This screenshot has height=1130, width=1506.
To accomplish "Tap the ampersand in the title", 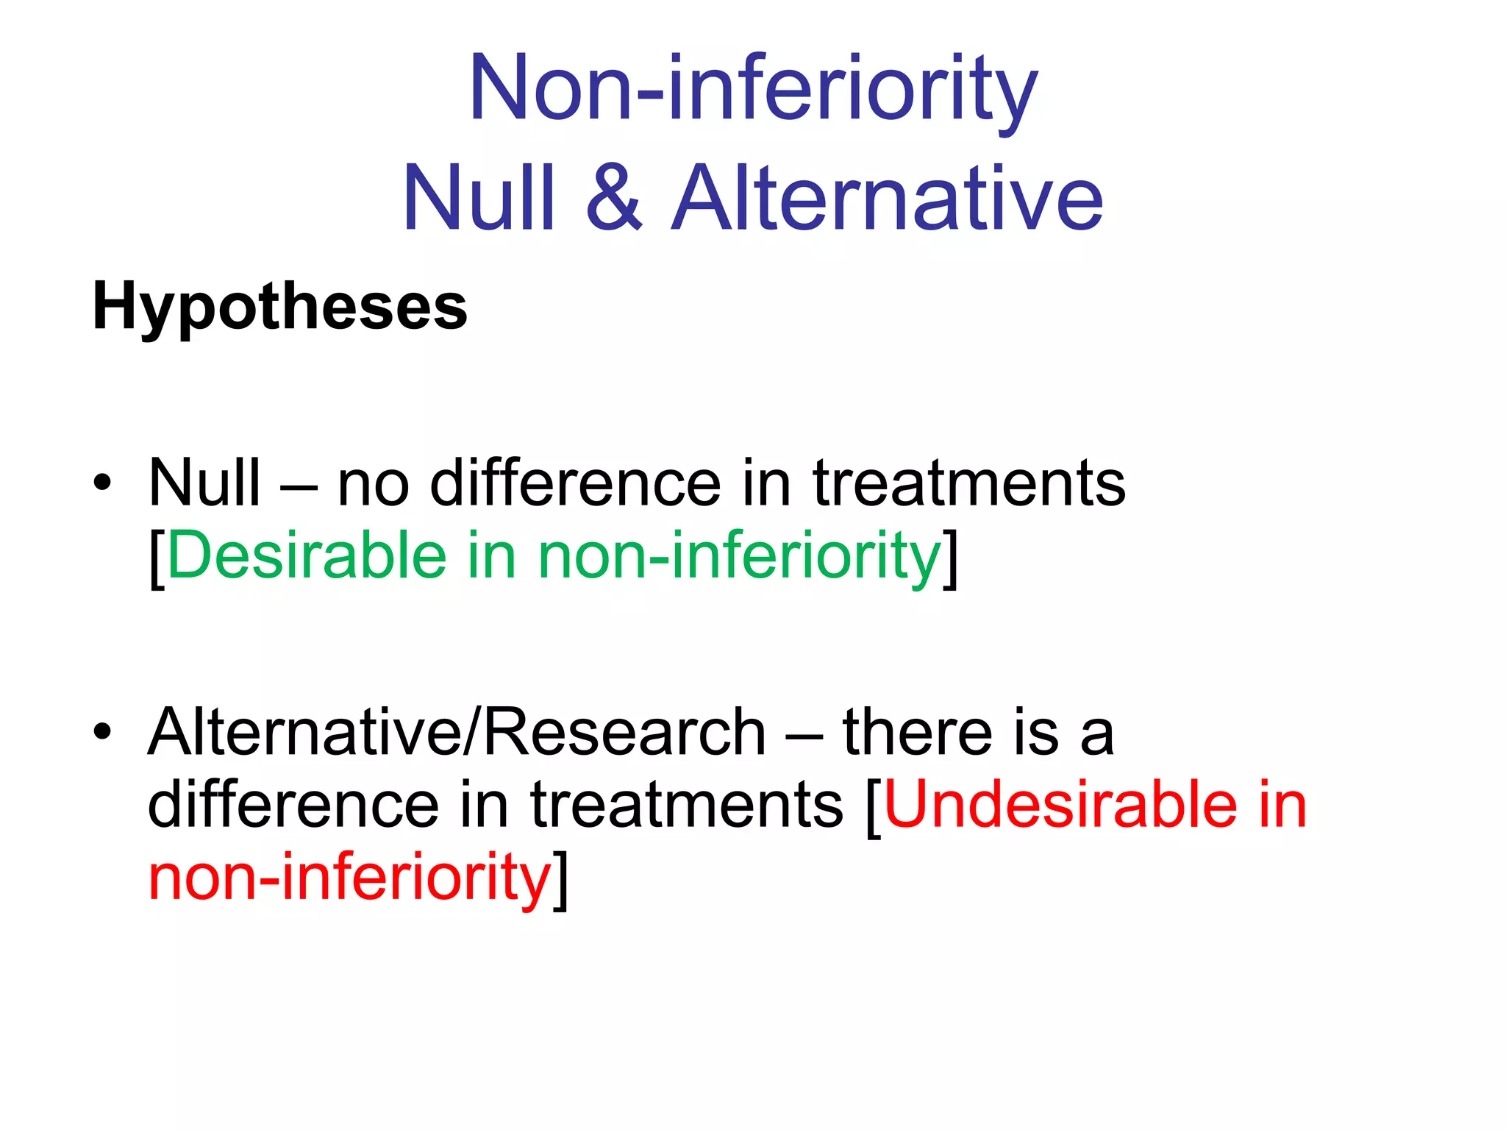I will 615,197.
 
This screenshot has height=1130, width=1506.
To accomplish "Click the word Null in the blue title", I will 478,197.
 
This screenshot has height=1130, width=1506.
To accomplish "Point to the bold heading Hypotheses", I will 279,306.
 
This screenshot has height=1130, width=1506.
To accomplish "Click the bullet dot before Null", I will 102,483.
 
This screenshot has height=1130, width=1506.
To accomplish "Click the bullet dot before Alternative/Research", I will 102,732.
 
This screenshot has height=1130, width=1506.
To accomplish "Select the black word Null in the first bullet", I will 204,483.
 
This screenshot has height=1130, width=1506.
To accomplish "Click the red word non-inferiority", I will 349,877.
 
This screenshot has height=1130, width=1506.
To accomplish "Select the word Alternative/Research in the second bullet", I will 457,731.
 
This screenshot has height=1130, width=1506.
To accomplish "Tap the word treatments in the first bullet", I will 968,483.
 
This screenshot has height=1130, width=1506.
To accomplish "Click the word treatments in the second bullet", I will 686,804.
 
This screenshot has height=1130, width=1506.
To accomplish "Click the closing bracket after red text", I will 561,878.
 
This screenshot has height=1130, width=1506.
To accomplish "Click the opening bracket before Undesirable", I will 873,806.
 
